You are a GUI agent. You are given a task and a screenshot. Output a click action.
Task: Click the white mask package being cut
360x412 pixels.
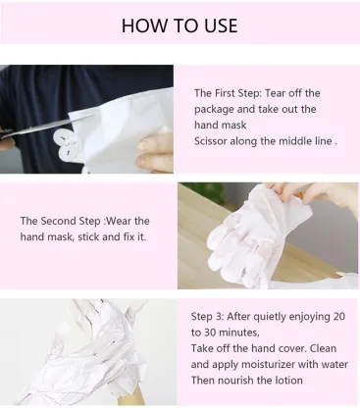click(x=108, y=118)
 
